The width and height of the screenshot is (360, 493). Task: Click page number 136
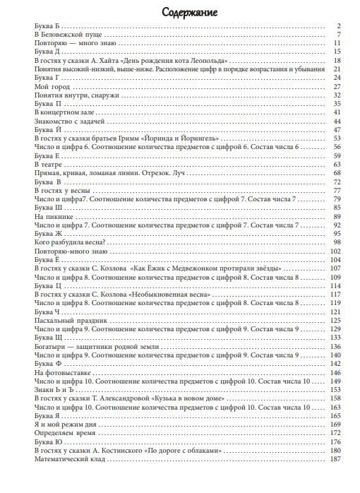(335, 346)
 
